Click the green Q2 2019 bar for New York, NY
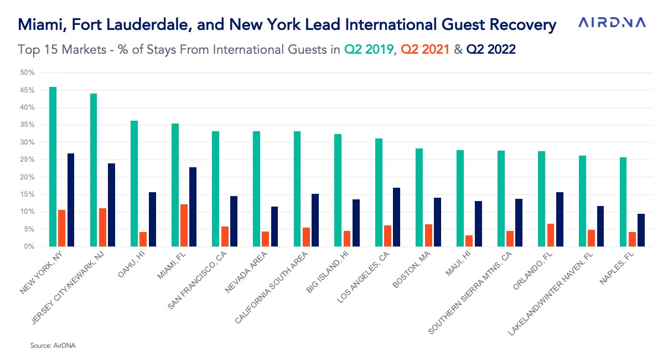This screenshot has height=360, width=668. [53, 166]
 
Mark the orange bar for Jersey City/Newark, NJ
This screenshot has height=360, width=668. [102, 227]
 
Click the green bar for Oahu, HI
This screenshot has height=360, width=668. [134, 183]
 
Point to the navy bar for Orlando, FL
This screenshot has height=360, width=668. [560, 219]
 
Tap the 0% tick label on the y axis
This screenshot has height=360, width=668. [29, 246]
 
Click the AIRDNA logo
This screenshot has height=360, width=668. [612, 23]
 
